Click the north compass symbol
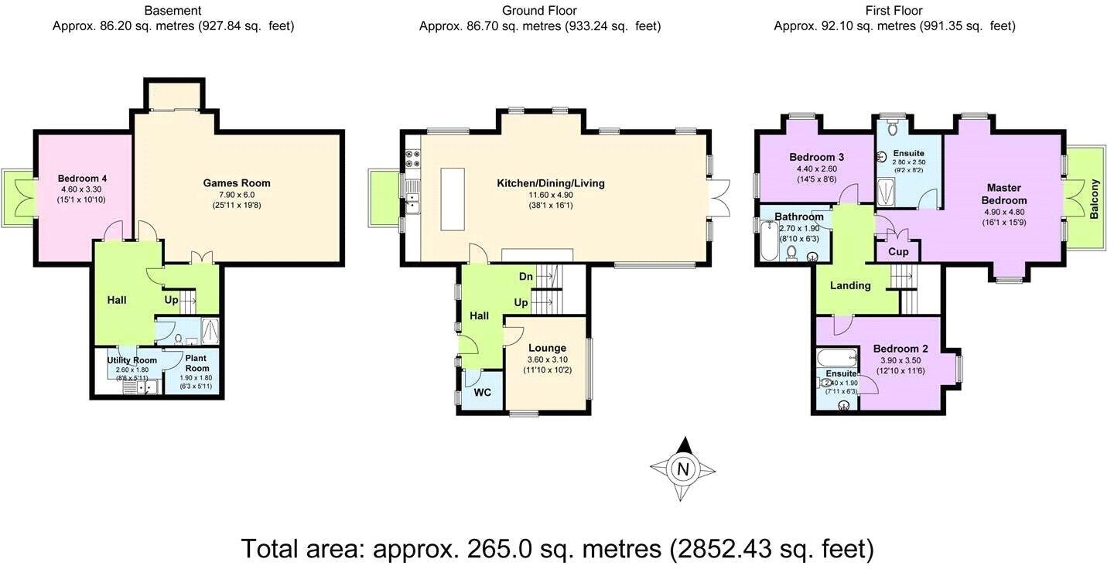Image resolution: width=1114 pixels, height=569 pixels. click(x=683, y=468)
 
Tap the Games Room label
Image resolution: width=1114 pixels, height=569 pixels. click(x=237, y=183)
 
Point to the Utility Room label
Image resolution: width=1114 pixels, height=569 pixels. click(x=132, y=360)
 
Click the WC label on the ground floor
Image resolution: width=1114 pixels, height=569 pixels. click(x=482, y=392)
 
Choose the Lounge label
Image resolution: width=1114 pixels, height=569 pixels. click(x=546, y=348)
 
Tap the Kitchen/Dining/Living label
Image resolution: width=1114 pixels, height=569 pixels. click(x=551, y=183)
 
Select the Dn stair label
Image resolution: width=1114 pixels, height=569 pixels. click(x=525, y=276)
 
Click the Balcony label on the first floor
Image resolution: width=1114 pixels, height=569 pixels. click(x=1094, y=199)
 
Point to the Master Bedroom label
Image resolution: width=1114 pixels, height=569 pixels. click(x=1004, y=194)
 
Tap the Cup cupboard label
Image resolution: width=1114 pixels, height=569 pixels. click(x=898, y=252)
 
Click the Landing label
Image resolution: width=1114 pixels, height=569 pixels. click(x=850, y=285)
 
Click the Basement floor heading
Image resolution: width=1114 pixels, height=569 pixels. click(x=173, y=11)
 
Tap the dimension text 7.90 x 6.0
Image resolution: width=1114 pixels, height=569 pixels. click(x=237, y=195)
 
